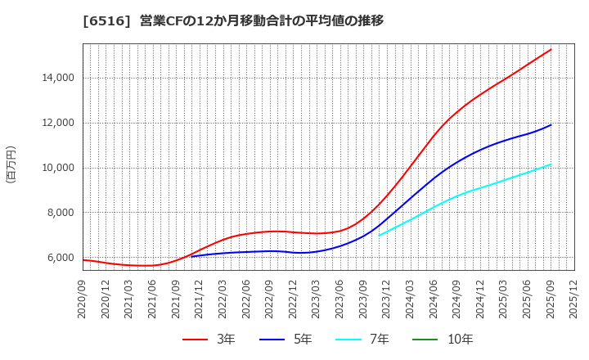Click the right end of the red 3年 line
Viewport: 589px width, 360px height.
pos(551,50)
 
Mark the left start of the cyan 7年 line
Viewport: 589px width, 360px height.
pos(379,236)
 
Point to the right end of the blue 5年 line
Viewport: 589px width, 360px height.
pos(551,125)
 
